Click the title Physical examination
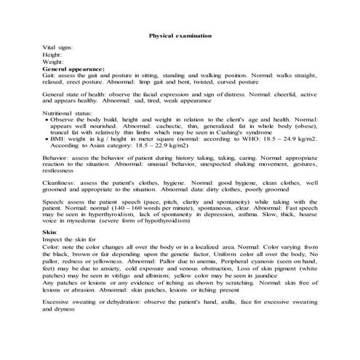180,34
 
